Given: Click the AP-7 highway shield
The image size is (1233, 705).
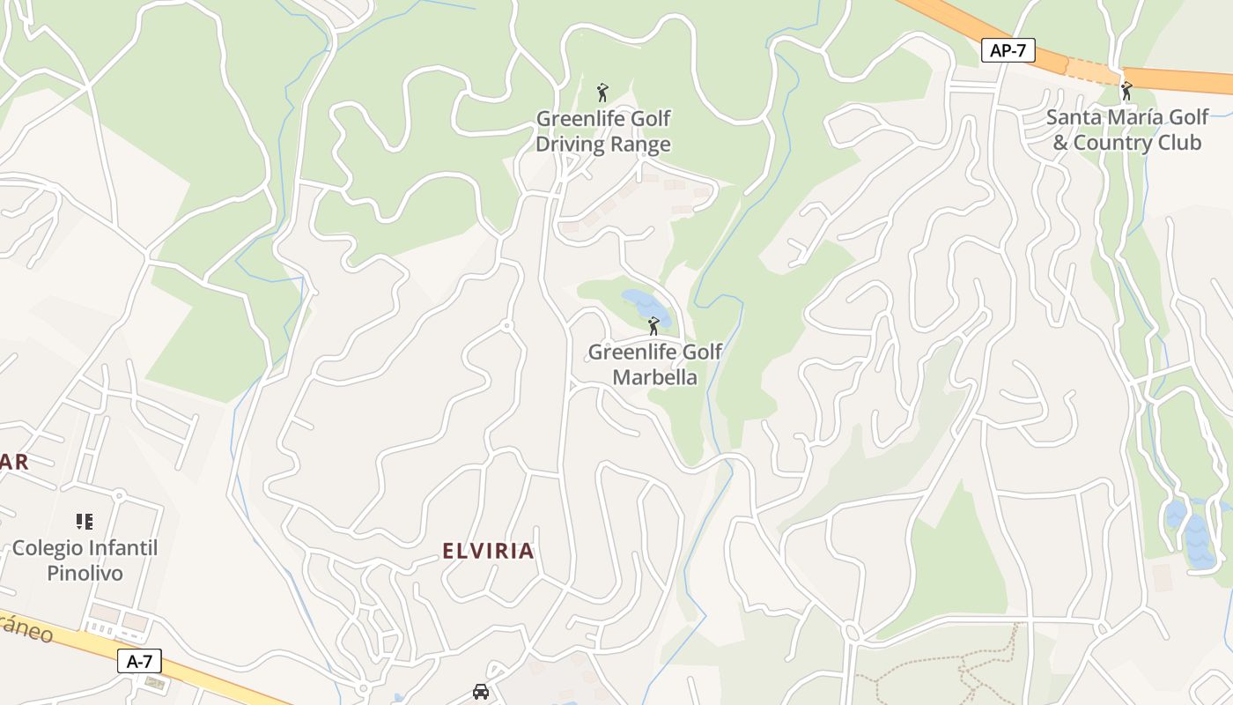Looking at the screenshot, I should point(1008,50).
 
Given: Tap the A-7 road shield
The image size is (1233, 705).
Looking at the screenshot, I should point(139,661).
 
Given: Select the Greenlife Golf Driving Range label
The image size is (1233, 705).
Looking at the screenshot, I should point(603,131).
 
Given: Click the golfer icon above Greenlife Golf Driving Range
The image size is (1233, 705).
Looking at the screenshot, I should point(602,93).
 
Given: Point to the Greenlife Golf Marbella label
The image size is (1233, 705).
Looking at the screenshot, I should point(654,365).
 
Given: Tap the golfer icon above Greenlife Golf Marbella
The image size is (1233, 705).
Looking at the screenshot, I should point(653,327).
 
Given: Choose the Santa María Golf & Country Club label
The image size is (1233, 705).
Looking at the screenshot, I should point(1127,130).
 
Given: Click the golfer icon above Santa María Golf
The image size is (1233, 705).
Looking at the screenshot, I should point(1126,91).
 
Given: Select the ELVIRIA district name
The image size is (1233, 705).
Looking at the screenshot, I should point(488,552).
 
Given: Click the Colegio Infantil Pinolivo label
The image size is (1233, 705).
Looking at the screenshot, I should point(85,560).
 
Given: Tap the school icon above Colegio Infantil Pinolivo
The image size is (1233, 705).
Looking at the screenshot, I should point(85,522).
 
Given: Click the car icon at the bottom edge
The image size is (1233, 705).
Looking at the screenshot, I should point(481,692).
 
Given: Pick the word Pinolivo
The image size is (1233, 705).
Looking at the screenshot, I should point(85,574).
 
